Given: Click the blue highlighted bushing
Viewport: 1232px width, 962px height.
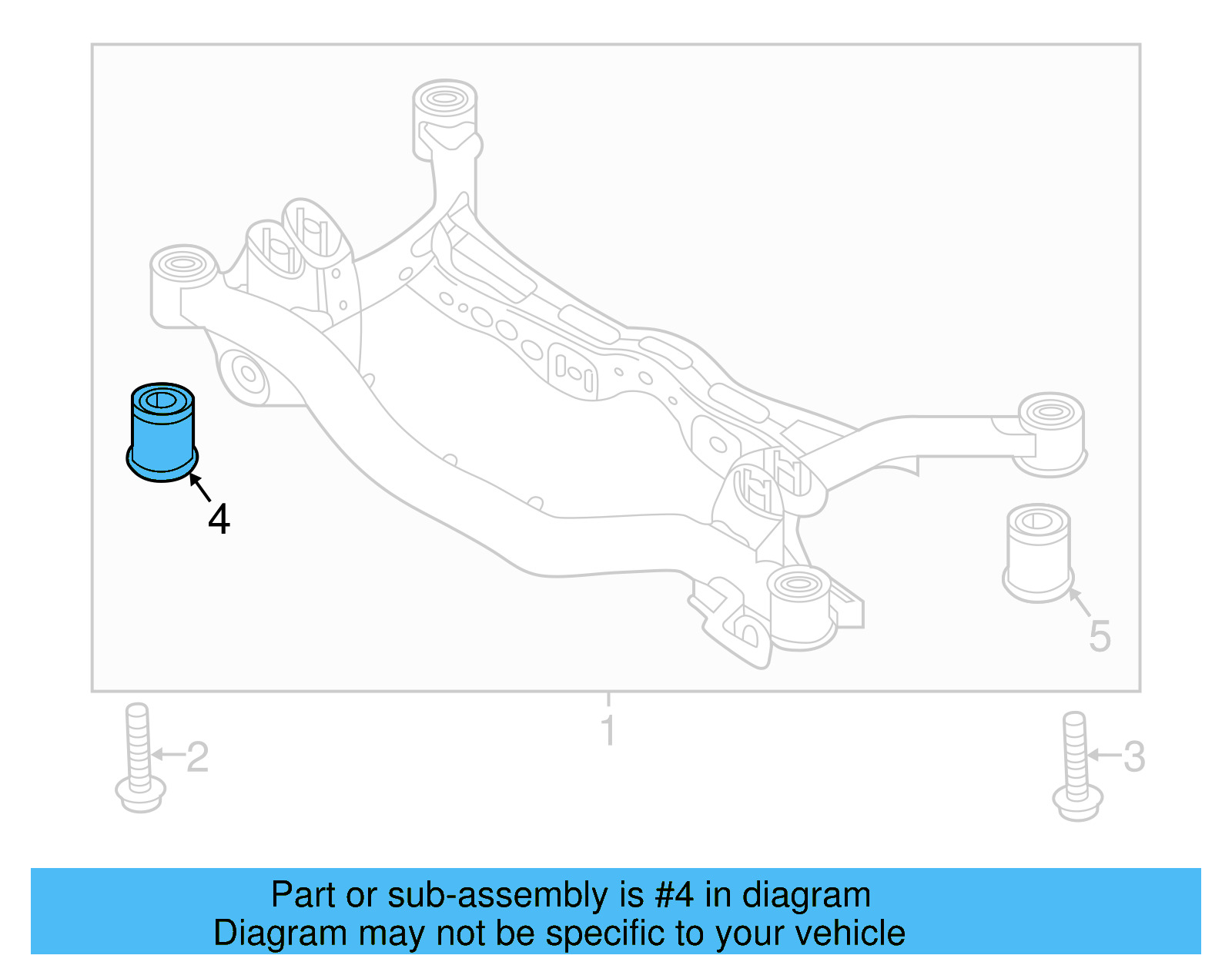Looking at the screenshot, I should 162,432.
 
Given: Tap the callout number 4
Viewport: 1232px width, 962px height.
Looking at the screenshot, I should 219,520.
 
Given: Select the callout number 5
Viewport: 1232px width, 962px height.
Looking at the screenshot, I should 1100,637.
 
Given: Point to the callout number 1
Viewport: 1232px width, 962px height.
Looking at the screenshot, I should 608,730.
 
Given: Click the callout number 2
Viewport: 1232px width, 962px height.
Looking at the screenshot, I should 198,757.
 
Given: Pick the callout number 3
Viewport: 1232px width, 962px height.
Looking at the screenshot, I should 1134,756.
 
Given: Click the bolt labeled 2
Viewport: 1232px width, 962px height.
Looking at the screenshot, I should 139,759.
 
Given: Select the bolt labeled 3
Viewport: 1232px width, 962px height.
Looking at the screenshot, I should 1076,766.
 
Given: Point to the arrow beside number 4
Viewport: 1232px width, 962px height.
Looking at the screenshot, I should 199,488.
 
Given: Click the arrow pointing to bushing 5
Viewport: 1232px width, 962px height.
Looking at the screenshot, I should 1080,603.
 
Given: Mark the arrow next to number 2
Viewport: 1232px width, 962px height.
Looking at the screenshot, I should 168,755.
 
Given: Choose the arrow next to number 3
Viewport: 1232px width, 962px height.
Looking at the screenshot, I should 1103,755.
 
